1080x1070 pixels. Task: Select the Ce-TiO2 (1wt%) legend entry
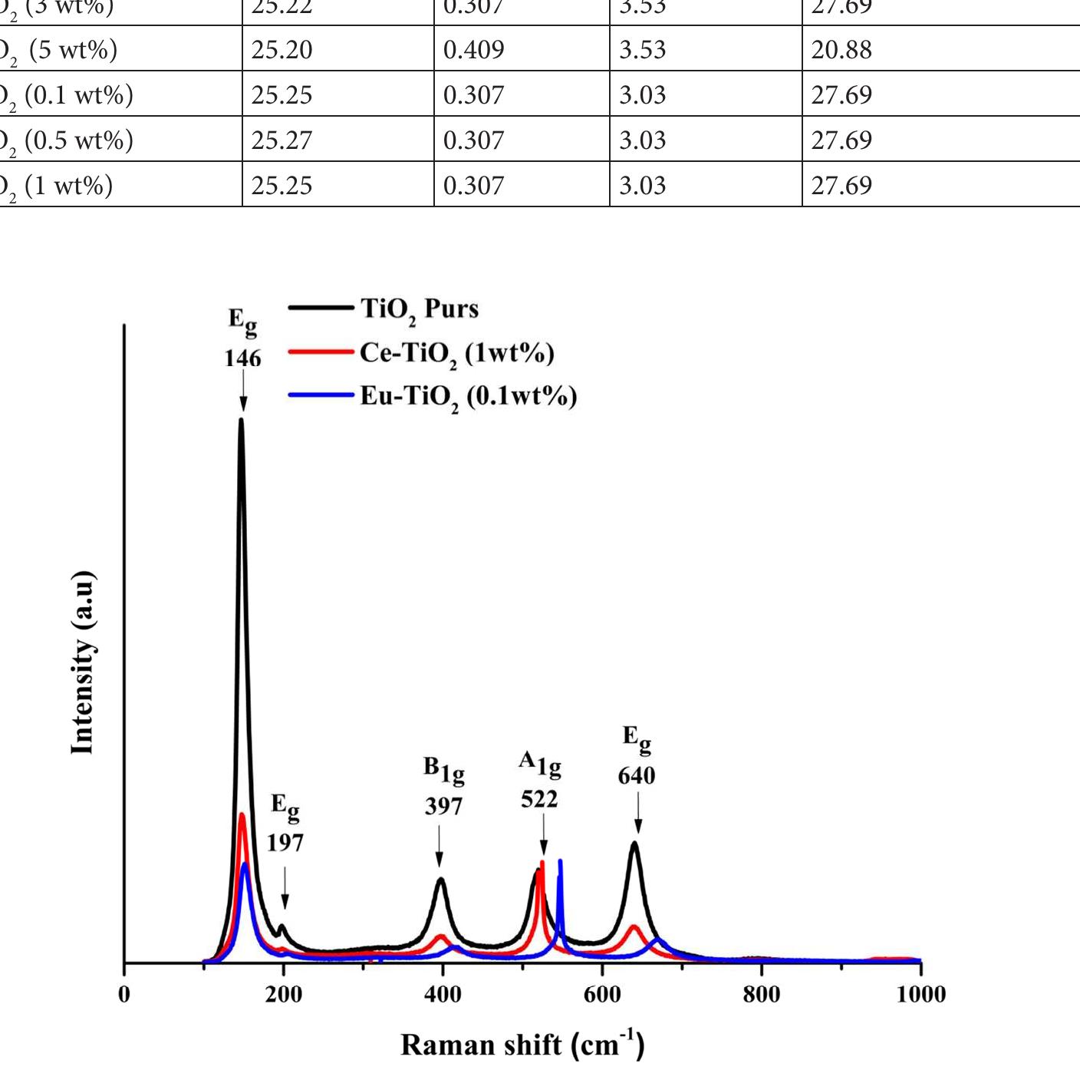click(x=456, y=353)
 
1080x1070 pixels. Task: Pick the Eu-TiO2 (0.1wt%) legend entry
click(x=468, y=397)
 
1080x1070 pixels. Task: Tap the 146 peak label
click(x=242, y=358)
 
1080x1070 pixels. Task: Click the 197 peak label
click(x=285, y=844)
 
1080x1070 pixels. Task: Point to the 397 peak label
click(x=443, y=807)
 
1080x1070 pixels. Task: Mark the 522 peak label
click(x=539, y=800)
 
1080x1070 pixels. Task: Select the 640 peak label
click(x=637, y=776)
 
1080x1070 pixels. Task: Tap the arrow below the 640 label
click(x=638, y=814)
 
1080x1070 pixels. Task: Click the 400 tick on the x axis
click(x=443, y=995)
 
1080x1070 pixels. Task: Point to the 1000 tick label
click(x=920, y=995)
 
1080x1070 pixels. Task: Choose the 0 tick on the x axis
click(x=124, y=995)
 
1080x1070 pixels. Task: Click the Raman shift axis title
click(x=522, y=1045)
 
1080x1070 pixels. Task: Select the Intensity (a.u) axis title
click(x=82, y=663)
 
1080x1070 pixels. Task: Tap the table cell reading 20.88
click(x=841, y=50)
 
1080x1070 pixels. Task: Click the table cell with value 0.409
click(x=474, y=50)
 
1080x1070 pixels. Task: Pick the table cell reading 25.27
click(x=282, y=140)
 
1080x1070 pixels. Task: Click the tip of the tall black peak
click(x=242, y=420)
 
